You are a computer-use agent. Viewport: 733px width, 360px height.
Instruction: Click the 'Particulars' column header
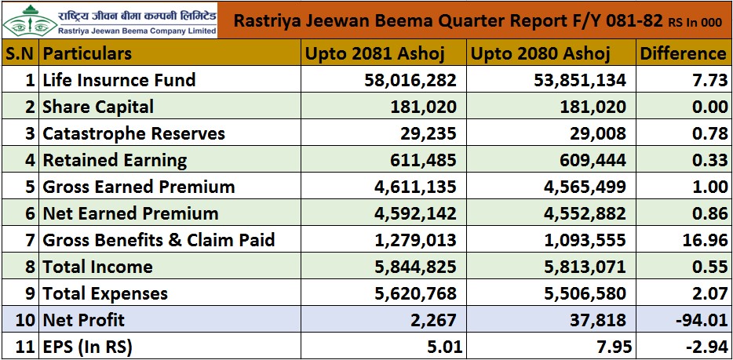point(87,53)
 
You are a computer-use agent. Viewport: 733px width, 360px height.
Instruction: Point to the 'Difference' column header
point(683,53)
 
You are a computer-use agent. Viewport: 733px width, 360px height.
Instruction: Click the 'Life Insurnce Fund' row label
point(119,80)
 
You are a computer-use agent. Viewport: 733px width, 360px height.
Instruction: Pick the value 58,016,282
point(410,80)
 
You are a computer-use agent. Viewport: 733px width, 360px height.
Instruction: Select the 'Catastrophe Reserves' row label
point(133,133)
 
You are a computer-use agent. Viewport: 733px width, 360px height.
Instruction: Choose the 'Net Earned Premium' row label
point(130,213)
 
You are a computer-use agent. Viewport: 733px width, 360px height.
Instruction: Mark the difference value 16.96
point(704,240)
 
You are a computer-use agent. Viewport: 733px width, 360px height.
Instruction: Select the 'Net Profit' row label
point(83,320)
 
